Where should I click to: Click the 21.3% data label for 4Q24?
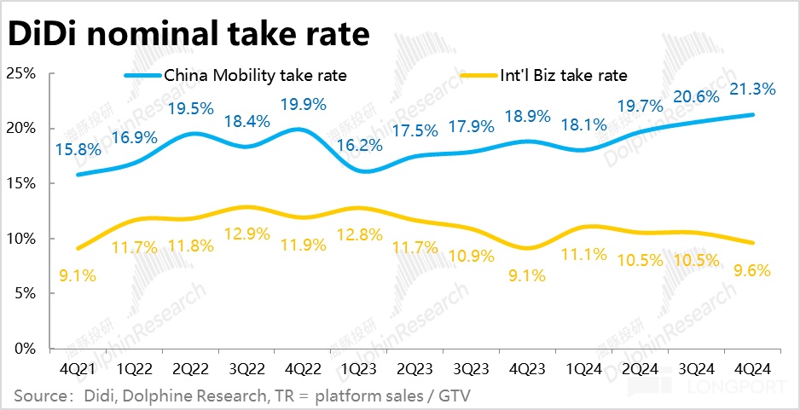[754, 90]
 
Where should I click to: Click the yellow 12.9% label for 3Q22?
[248, 233]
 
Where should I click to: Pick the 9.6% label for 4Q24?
[751, 272]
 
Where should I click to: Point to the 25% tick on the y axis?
[20, 73]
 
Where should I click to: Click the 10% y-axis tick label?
[20, 239]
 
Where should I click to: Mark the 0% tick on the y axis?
[24, 349]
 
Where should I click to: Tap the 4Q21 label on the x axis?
[80, 370]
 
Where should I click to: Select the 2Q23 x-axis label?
[415, 370]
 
